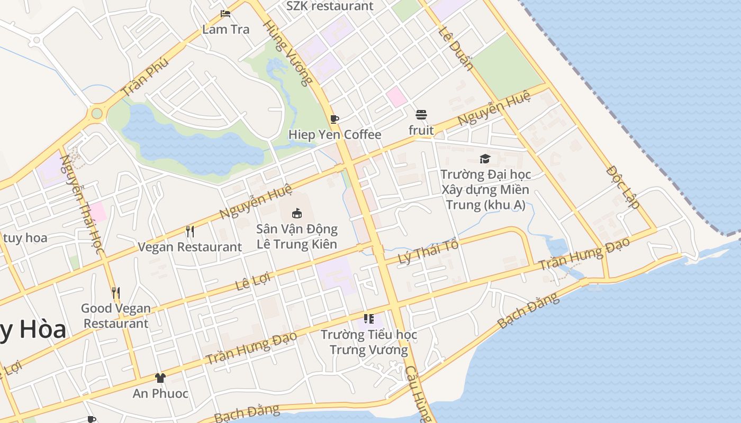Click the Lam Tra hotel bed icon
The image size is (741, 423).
(x=226, y=14)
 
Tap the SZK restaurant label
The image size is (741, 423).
(x=330, y=6)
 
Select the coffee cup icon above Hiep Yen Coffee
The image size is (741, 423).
(x=334, y=119)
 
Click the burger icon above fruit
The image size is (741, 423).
(x=421, y=115)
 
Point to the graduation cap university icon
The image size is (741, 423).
(x=485, y=159)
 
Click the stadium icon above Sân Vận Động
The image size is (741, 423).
(x=296, y=214)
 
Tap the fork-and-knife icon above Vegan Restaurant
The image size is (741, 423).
(x=189, y=231)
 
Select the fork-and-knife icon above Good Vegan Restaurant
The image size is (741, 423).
(x=116, y=292)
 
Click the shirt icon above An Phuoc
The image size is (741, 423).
(x=160, y=378)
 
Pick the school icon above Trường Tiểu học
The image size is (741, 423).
(x=369, y=319)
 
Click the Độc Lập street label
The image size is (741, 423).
(x=623, y=187)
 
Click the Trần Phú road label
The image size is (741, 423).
(x=145, y=77)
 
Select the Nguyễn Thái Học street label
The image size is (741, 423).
(x=81, y=204)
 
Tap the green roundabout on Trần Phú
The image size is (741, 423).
(x=96, y=113)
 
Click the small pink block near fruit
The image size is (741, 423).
(x=396, y=97)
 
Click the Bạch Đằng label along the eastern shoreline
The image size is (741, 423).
(x=528, y=311)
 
